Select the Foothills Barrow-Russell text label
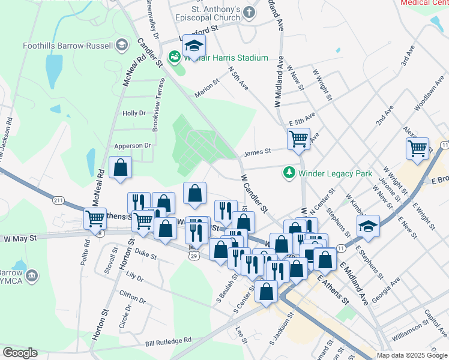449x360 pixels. coord(67,46)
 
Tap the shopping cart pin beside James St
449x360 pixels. coord(298,140)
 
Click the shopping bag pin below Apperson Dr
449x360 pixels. coord(121,168)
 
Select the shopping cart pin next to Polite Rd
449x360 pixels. coord(95,219)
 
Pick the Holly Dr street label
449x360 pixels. coord(134,113)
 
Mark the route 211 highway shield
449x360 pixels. coord(58,200)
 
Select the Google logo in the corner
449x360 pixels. coord(20,353)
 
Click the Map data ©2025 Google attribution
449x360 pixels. coord(412,355)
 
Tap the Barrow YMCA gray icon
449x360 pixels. coord(32,277)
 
